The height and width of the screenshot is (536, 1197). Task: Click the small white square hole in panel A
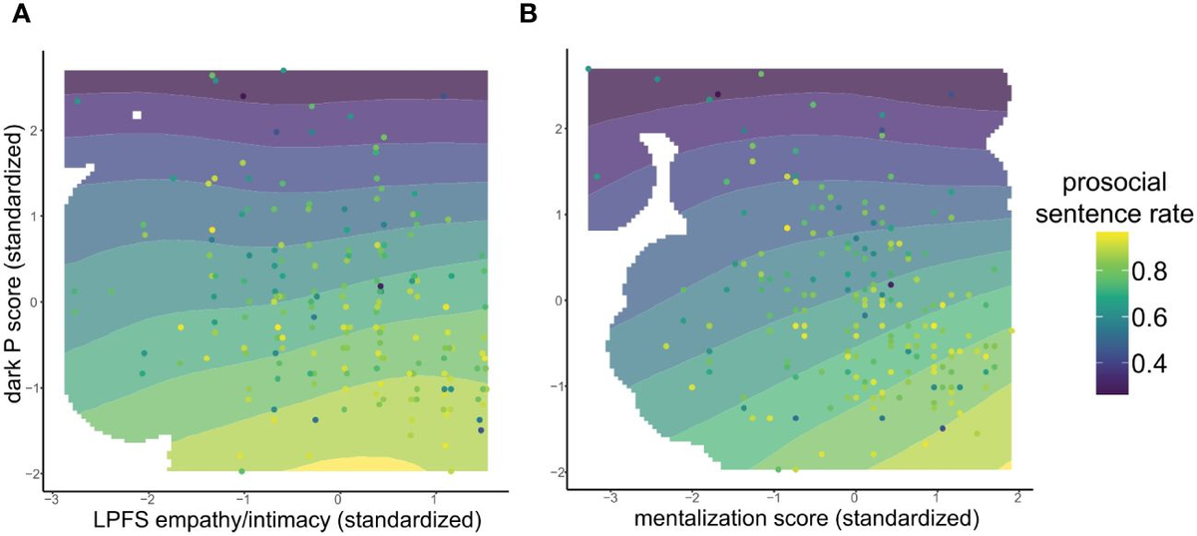pyautogui.click(x=137, y=115)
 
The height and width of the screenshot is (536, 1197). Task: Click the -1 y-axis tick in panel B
pyautogui.click(x=559, y=386)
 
